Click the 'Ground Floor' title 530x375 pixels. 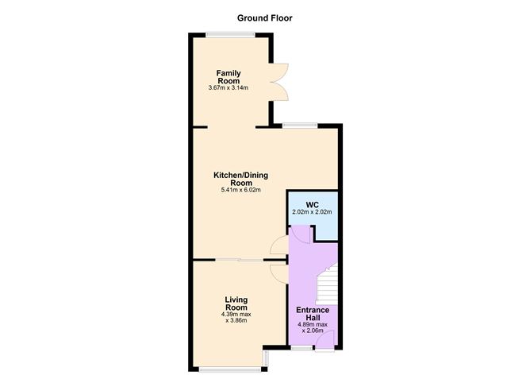(265, 17)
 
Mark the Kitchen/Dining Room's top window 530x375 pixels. (301, 125)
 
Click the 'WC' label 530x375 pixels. (312, 204)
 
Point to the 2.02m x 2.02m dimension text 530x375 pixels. (312, 212)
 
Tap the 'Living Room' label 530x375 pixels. (236, 303)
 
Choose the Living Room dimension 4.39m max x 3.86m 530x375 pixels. (236, 317)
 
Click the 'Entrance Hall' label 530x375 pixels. (313, 314)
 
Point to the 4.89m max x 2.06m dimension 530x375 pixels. (313, 327)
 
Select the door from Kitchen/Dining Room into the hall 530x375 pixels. (278, 246)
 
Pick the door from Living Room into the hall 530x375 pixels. (278, 273)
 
